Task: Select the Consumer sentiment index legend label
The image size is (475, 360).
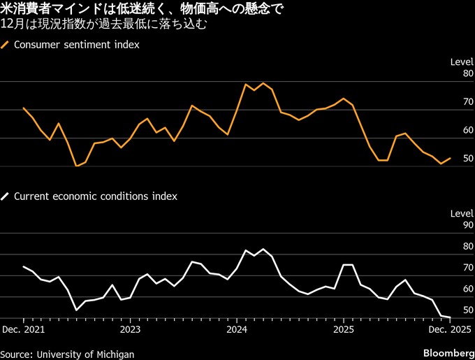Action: click(77, 44)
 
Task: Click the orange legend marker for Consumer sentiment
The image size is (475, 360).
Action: click(6, 44)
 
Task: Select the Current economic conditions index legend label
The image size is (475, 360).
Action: click(96, 196)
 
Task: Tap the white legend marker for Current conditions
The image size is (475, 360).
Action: click(6, 196)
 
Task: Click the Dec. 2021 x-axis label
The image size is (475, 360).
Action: click(23, 329)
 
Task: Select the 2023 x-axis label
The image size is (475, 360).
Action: click(131, 329)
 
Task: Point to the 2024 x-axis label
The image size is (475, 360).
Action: click(237, 329)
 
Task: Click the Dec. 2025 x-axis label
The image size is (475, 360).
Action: click(444, 329)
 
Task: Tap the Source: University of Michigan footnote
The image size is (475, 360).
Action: click(67, 354)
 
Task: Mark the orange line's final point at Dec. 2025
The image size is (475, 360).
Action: click(451, 159)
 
